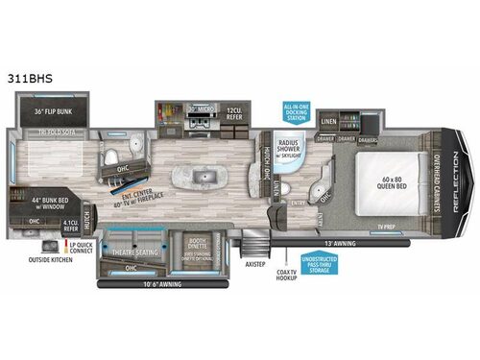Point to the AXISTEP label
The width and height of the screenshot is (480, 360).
coord(254,261)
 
